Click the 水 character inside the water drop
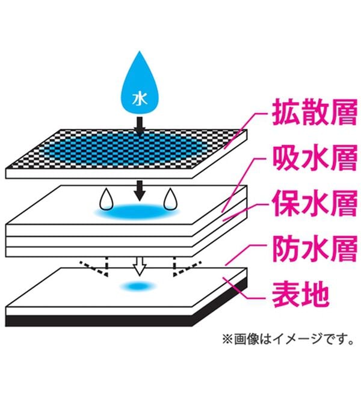139,97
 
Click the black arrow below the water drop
139,125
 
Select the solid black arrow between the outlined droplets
139,190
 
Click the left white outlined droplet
106,199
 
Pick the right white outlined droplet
171,199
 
